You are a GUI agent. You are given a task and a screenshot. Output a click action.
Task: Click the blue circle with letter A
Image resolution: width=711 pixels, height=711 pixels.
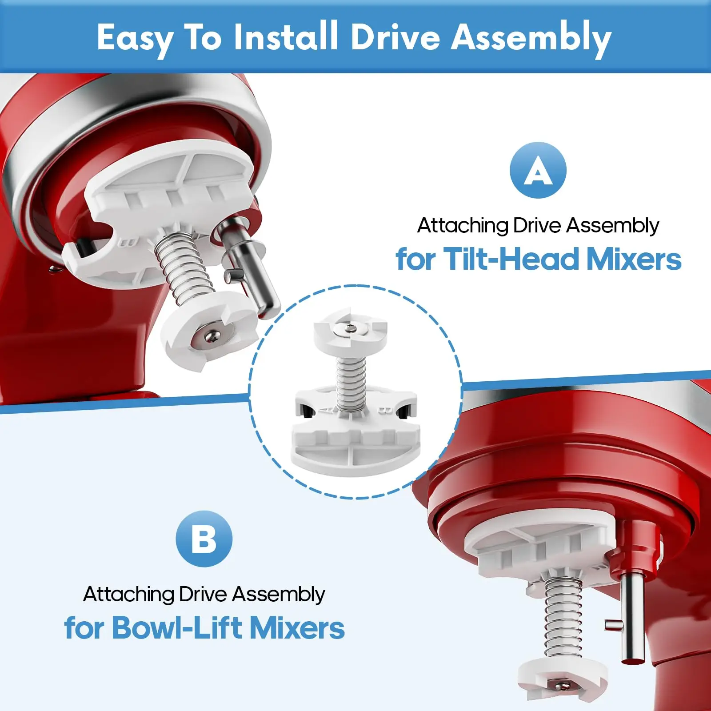pos(538,170)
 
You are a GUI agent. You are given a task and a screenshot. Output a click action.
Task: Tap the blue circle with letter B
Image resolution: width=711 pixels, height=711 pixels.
pos(204,539)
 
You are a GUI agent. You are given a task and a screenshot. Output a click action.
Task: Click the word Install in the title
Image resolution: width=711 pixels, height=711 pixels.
pos(286,37)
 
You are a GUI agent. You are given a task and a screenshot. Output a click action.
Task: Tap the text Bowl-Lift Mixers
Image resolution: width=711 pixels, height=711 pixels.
pos(228,627)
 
